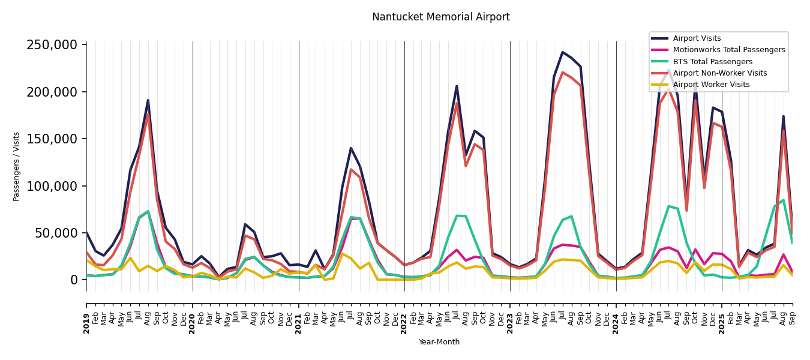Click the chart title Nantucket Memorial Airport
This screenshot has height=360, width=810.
(x=440, y=17)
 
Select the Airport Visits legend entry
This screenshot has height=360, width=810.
(x=697, y=38)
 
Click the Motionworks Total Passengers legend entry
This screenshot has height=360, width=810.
(x=728, y=50)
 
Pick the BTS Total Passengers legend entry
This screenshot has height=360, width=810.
(x=712, y=62)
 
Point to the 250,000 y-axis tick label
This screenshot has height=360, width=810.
(x=52, y=45)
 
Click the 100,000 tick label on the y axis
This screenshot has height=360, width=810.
(x=52, y=186)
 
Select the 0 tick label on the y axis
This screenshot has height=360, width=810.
(x=74, y=280)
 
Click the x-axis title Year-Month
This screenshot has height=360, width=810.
(x=439, y=342)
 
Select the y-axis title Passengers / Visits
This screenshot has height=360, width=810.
(x=17, y=166)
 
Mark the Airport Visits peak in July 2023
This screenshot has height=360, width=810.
(x=563, y=52)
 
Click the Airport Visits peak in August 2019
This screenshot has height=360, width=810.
(x=148, y=100)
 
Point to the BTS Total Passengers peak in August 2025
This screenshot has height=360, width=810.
(x=783, y=200)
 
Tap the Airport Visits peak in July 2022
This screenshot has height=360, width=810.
(x=457, y=86)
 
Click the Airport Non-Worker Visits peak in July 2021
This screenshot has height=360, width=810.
(x=351, y=169)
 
